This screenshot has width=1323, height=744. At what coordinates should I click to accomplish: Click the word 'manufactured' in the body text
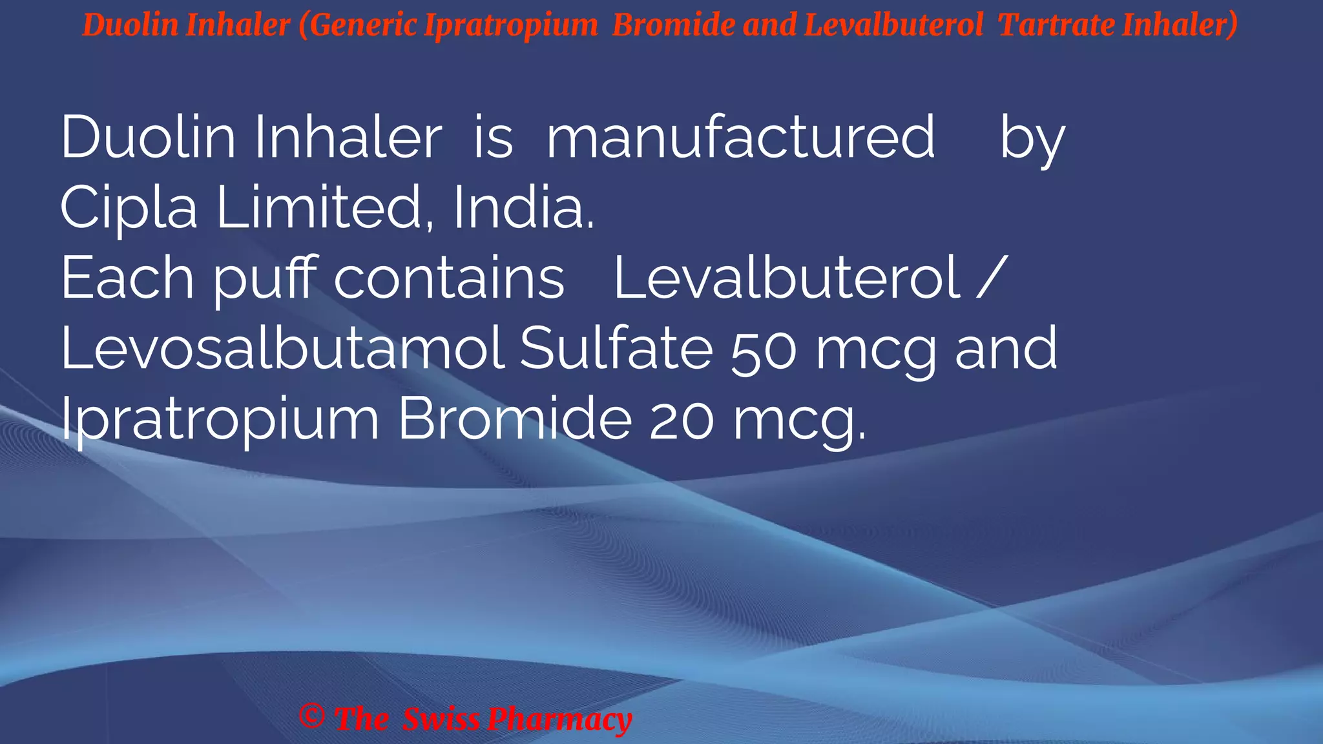click(x=740, y=137)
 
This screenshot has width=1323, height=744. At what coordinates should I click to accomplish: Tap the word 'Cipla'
click(x=129, y=207)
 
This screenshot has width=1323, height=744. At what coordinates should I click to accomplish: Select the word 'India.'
click(x=523, y=207)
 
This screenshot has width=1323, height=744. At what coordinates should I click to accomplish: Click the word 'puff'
click(x=265, y=279)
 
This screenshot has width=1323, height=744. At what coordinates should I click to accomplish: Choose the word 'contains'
click(x=449, y=278)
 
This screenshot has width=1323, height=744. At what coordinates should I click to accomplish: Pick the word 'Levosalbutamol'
click(x=282, y=348)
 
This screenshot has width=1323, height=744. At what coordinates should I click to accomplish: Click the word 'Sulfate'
click(x=616, y=348)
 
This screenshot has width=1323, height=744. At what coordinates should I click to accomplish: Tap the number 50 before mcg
click(x=764, y=349)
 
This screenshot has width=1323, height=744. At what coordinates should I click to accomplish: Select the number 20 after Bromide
click(x=682, y=420)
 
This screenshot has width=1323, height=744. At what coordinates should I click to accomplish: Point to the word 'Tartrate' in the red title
click(x=1056, y=25)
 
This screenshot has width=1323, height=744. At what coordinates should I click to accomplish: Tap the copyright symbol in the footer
click(x=312, y=716)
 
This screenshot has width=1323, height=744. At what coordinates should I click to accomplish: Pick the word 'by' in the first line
click(x=1032, y=138)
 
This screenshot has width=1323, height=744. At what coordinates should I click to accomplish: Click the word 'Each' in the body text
click(x=127, y=278)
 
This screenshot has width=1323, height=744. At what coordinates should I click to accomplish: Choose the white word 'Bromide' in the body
click(x=514, y=419)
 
